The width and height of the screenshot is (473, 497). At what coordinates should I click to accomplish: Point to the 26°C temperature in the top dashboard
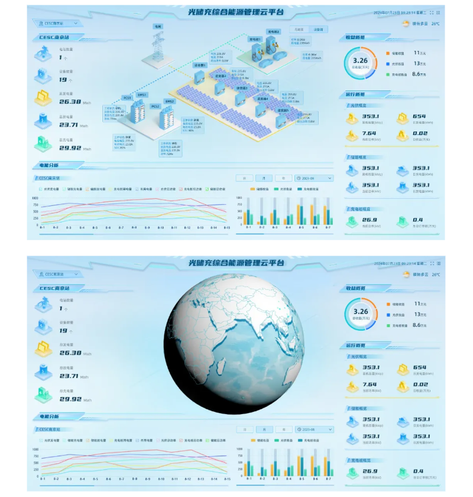(435, 24)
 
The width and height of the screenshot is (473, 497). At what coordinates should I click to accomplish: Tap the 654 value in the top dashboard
(419, 117)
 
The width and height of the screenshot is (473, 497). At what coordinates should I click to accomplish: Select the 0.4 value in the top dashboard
(418, 220)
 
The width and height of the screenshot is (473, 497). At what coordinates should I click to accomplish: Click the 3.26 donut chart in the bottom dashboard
(361, 311)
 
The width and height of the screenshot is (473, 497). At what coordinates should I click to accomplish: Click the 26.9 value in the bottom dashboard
(370, 471)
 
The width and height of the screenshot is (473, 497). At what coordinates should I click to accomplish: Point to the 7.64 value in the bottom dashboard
(370, 384)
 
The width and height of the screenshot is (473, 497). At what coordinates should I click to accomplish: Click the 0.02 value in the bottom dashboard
(420, 384)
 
